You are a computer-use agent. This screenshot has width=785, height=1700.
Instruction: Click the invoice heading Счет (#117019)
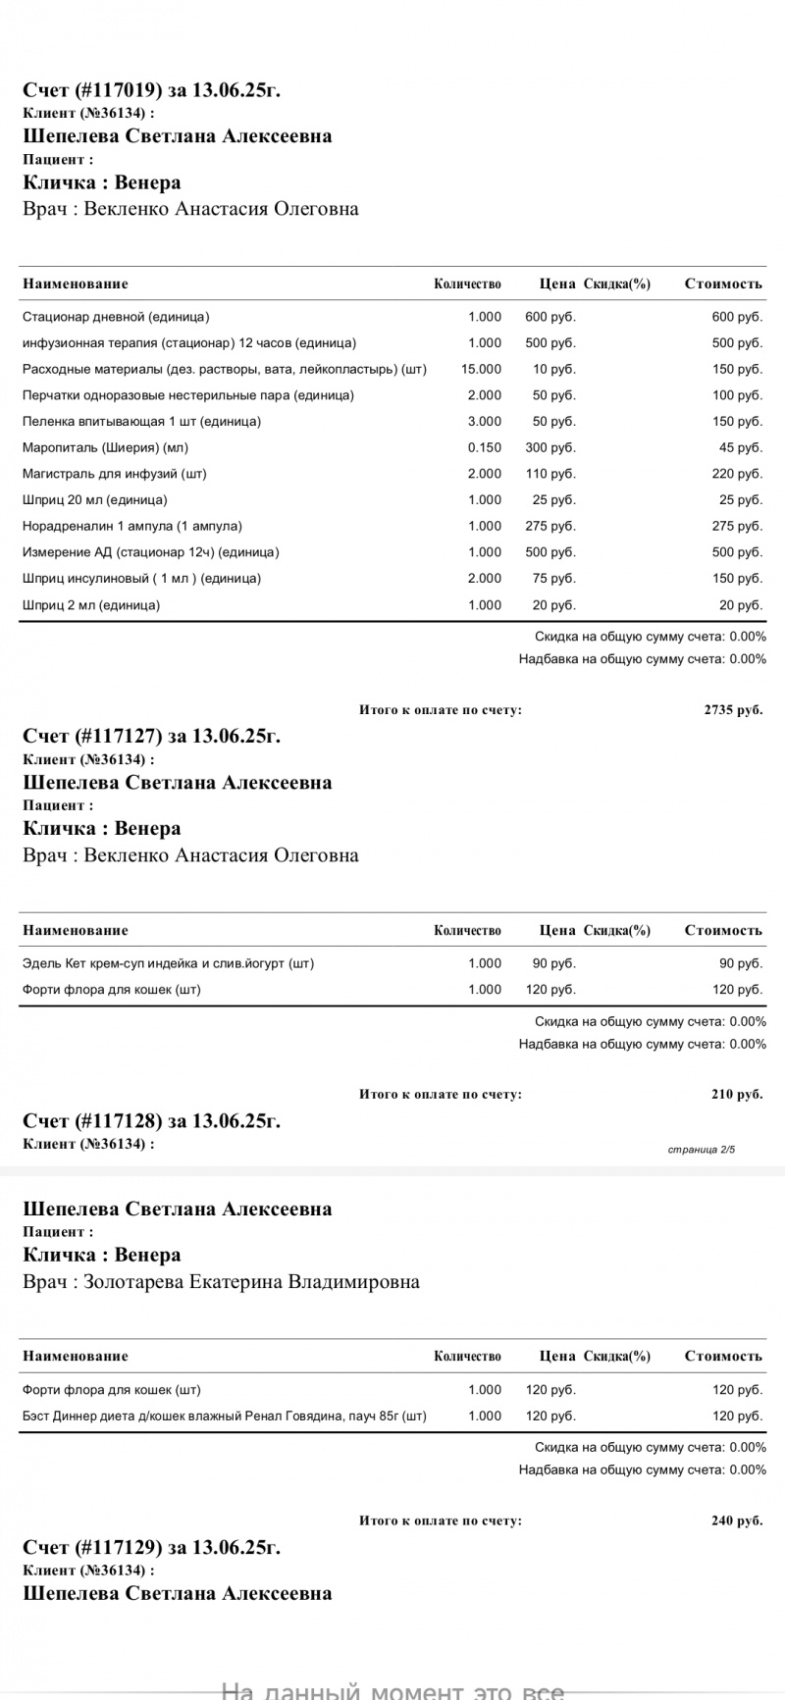click(x=151, y=91)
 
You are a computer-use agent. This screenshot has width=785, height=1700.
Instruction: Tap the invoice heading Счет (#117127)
click(x=151, y=737)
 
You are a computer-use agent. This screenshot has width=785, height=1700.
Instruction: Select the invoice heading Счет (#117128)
click(x=151, y=1121)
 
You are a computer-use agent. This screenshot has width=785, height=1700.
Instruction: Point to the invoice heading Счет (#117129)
click(x=151, y=1547)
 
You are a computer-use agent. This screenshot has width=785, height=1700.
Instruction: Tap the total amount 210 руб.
click(x=737, y=1095)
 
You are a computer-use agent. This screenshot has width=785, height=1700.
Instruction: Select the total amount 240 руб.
click(x=737, y=1520)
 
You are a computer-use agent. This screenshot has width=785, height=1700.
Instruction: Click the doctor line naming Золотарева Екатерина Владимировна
click(x=221, y=1281)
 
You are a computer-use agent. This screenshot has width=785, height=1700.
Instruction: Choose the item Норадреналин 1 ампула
click(x=132, y=526)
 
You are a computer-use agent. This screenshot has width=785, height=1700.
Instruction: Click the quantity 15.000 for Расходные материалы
click(x=481, y=369)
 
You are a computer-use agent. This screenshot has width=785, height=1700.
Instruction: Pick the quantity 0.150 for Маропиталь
click(x=485, y=447)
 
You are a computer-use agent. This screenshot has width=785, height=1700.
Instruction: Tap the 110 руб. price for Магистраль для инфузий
click(x=550, y=474)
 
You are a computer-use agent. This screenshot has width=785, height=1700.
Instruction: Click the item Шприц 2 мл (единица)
click(x=91, y=604)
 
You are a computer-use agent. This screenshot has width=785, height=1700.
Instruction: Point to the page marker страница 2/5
click(x=701, y=1149)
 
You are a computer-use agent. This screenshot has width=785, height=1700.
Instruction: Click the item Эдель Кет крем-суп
click(x=168, y=963)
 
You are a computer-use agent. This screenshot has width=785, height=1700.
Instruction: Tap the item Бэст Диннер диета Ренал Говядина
click(x=225, y=1416)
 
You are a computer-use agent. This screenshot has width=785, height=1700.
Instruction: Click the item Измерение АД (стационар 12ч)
click(x=150, y=552)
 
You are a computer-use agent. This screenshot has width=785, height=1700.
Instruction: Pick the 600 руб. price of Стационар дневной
click(x=550, y=317)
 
